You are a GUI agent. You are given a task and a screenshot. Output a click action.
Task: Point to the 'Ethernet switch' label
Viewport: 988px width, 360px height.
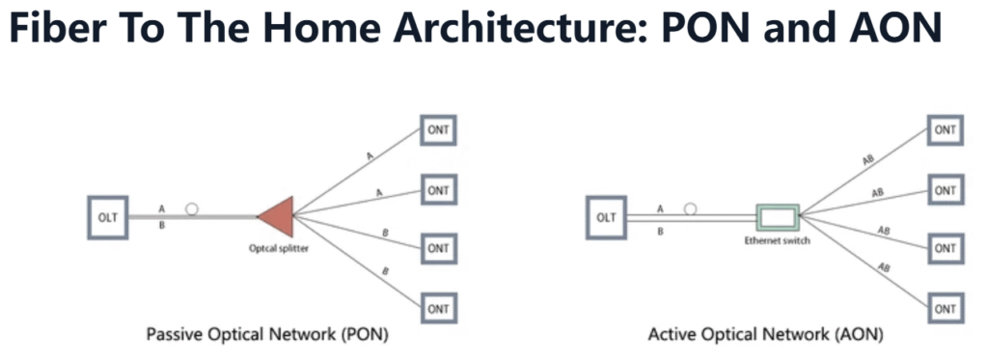click(x=778, y=240)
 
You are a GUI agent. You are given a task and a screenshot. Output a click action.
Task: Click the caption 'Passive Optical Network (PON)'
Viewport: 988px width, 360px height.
click(x=267, y=334)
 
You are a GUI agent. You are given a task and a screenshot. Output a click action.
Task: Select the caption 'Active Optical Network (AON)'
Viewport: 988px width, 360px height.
click(x=765, y=334)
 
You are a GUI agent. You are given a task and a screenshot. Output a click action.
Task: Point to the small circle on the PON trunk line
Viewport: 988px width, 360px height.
click(x=192, y=208)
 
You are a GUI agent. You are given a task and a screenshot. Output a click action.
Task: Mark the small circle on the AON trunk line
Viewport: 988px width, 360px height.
click(x=691, y=208)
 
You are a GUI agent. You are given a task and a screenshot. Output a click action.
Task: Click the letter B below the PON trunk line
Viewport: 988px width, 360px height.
click(x=162, y=226)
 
